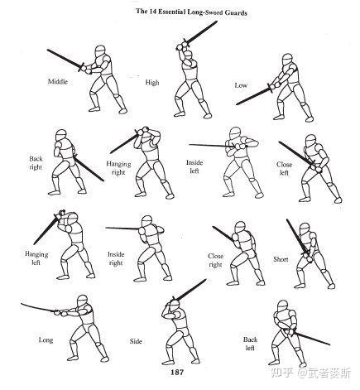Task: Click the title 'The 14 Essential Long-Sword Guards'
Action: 191,12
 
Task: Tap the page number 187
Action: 177,372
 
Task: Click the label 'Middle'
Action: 58,81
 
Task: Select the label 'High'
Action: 152,82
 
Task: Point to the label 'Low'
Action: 241,85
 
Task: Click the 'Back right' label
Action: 36,163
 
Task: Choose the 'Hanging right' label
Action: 118,168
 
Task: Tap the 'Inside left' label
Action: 194,166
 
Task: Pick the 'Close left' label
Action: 284,169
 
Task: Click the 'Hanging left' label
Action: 36,258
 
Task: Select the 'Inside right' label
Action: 116,258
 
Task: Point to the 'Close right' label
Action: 215,260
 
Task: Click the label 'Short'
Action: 281,259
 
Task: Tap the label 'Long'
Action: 46,340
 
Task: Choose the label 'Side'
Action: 136,341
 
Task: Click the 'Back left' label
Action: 250,344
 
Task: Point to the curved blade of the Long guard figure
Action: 38,307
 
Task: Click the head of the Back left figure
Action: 282,306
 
